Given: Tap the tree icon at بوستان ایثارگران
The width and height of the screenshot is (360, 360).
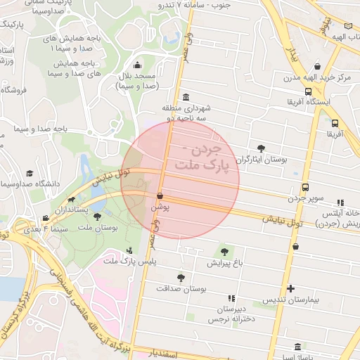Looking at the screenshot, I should pyautogui.click(x=262, y=148).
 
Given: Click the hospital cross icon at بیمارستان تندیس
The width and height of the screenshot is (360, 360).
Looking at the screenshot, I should pyautogui.click(x=290, y=288).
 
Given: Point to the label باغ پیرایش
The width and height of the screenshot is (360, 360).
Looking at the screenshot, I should pyautogui.click(x=224, y=264).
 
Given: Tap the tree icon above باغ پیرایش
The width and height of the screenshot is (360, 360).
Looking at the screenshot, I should pyautogui.click(x=224, y=252).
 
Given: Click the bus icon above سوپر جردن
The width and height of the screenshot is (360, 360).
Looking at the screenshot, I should pyautogui.click(x=305, y=187).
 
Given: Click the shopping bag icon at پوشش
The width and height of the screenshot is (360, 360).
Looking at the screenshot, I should pyautogui.click(x=160, y=195).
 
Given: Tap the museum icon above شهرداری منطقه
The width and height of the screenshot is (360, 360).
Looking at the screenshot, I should pyautogui.click(x=185, y=97).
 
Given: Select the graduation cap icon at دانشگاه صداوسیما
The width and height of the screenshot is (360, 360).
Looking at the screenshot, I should pyautogui.click(x=30, y=173).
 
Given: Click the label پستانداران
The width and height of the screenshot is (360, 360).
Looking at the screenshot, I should pyautogui.click(x=70, y=210).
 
